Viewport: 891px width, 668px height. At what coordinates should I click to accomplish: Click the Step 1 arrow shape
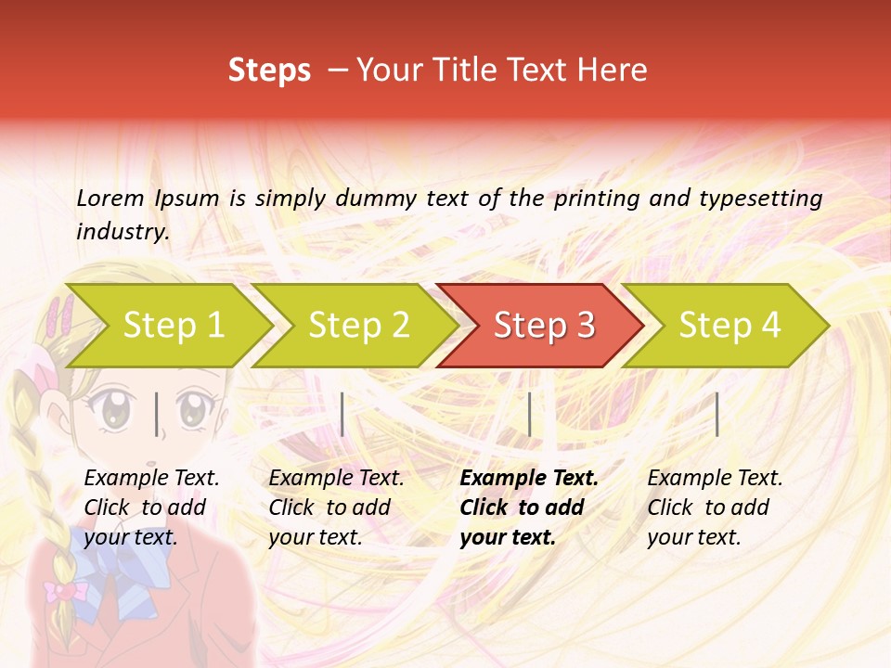[x=172, y=326]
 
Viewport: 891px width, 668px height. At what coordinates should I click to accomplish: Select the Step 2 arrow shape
[x=357, y=326]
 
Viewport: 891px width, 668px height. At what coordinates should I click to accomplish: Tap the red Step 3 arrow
[x=543, y=326]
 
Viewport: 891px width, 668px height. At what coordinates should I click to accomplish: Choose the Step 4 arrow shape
[x=729, y=326]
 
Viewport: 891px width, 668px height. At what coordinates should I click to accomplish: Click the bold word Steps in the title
[x=269, y=71]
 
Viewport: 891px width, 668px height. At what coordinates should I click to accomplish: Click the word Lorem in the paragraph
[x=110, y=198]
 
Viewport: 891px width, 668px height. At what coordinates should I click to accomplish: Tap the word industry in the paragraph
[x=122, y=232]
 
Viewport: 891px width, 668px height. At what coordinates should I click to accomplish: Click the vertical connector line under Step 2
[x=343, y=414]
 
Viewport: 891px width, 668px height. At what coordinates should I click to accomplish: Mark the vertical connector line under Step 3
[x=530, y=414]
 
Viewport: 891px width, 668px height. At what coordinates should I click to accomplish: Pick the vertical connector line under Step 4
[x=717, y=414]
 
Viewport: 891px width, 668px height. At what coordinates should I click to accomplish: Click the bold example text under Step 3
[x=529, y=507]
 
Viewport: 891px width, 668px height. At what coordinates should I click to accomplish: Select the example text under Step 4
[x=715, y=507]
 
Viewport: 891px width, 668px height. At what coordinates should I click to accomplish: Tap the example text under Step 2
[x=336, y=507]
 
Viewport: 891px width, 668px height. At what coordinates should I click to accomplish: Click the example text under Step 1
[x=151, y=507]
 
